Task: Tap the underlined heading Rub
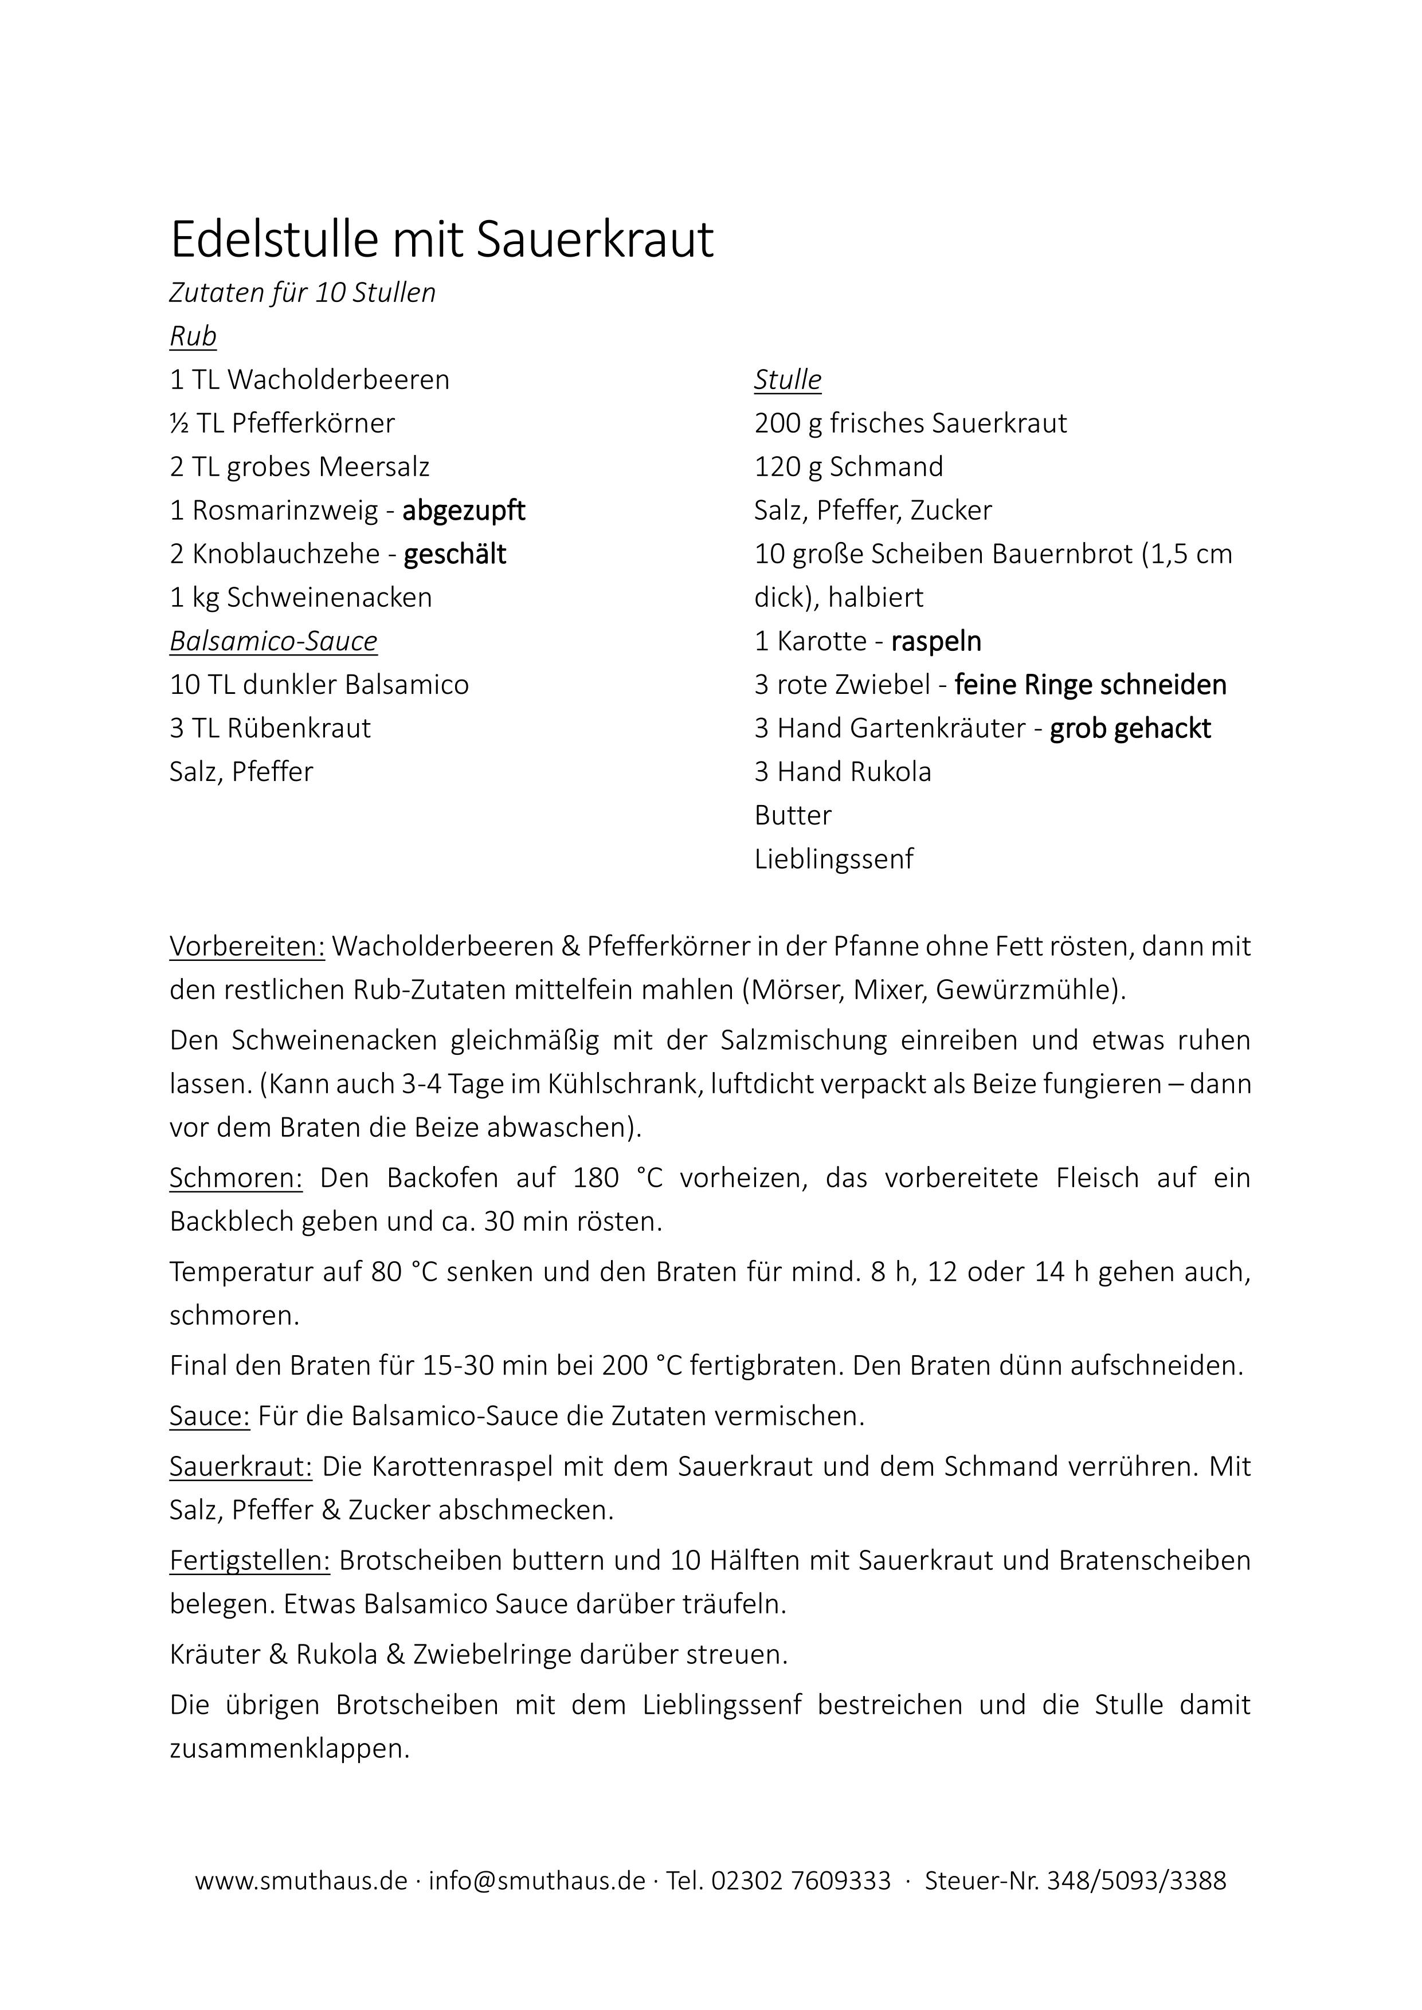tap(193, 336)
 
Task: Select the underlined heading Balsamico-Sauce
tap(273, 641)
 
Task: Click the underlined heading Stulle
tap(787, 380)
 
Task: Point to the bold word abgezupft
tap(463, 511)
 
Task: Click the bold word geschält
tap(455, 554)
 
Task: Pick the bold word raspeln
tap(936, 641)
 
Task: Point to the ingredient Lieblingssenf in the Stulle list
tap(833, 859)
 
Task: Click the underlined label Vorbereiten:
tap(247, 947)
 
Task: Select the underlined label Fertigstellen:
tap(249, 1560)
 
